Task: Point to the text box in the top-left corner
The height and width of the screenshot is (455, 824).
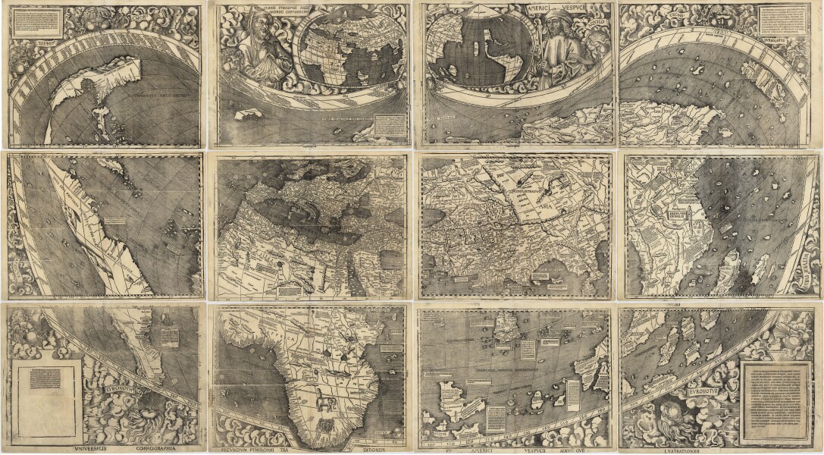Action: coord(35,23)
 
